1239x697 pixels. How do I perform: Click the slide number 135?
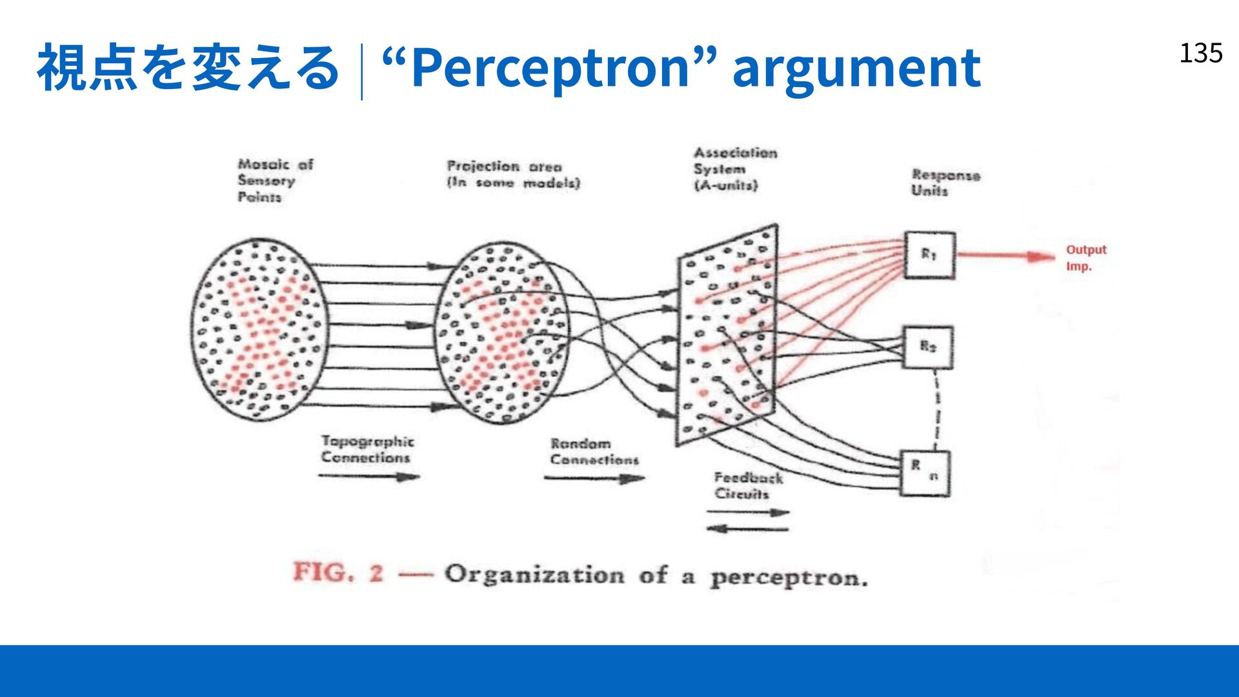coord(1201,53)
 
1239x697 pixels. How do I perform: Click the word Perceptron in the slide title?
coord(550,68)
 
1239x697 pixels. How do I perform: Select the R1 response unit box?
coord(929,255)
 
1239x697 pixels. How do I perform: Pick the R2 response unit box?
coord(927,348)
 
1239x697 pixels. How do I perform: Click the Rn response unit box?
coord(925,473)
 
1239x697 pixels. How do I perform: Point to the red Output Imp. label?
coord(1085,258)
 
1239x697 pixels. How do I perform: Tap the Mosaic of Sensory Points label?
coord(275,181)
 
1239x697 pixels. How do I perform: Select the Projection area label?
coord(514,174)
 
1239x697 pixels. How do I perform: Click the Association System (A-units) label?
coord(735,169)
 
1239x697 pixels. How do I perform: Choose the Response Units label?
coord(945,183)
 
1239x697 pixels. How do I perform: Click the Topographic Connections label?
coord(367,449)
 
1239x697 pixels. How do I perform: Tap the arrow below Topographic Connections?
coord(368,477)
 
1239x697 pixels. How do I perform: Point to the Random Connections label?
coord(594,451)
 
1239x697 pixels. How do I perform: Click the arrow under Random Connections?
coord(594,478)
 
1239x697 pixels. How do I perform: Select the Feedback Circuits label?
coord(748,485)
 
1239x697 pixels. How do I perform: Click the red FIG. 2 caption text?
coord(338,572)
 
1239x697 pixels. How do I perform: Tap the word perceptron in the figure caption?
coord(789,578)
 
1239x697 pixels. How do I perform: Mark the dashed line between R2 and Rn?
coord(936,409)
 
